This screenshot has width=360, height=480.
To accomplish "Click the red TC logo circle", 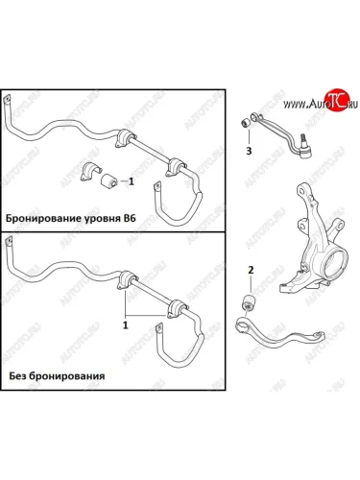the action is pyautogui.click(x=335, y=99).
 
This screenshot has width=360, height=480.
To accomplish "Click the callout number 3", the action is pyautogui.click(x=249, y=151).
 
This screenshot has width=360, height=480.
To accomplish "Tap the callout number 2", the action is pyautogui.click(x=251, y=270).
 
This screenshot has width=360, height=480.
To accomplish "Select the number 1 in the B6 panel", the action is pyautogui.click(x=132, y=181).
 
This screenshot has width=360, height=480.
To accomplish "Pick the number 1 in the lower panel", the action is pyautogui.click(x=126, y=325).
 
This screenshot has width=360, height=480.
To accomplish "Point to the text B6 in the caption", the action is pyautogui.click(x=130, y=219).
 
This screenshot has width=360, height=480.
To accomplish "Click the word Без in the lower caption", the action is pyautogui.click(x=16, y=375).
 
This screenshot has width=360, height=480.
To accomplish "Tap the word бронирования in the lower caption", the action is pyautogui.click(x=66, y=376).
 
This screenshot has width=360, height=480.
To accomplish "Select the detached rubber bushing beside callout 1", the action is pyautogui.click(x=108, y=180).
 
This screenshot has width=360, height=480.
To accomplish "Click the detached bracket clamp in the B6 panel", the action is pyautogui.click(x=89, y=172).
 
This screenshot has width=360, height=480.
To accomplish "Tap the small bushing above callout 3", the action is pyautogui.click(x=246, y=123).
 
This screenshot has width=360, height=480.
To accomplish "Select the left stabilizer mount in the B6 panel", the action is pyautogui.click(x=124, y=138).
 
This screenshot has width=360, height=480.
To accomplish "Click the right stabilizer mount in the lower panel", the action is pyautogui.click(x=176, y=308).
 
